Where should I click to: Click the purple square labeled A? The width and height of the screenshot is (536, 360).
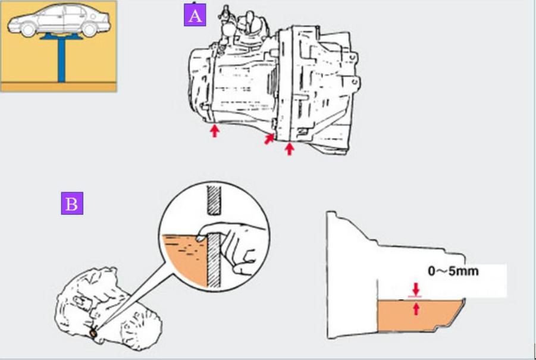coord(195,15)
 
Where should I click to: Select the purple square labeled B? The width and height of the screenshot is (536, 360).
coord(72,204)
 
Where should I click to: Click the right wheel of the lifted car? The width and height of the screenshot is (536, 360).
coord(89,29)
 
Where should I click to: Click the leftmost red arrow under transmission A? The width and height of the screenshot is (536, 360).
coord(214,130)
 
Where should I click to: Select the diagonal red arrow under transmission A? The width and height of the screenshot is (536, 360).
coord(270,139)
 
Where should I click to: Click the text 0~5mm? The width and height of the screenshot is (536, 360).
coord(453,271)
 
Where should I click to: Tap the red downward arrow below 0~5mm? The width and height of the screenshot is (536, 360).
coord(416,289)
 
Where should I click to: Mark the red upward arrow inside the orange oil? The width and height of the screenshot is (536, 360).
coord(416,308)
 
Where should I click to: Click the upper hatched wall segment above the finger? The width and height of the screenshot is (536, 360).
coord(214,199)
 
